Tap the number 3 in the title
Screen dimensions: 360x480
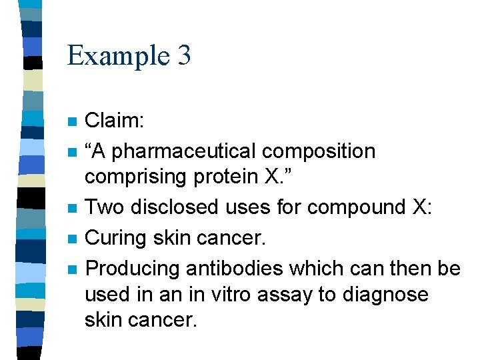click(184, 55)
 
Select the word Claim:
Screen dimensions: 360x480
click(115, 122)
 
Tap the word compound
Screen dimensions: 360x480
click(351, 207)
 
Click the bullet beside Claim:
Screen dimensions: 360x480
click(73, 123)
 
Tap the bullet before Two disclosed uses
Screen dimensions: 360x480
click(73, 208)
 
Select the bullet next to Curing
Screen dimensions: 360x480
click(73, 238)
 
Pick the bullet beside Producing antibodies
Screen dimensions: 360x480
click(73, 269)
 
